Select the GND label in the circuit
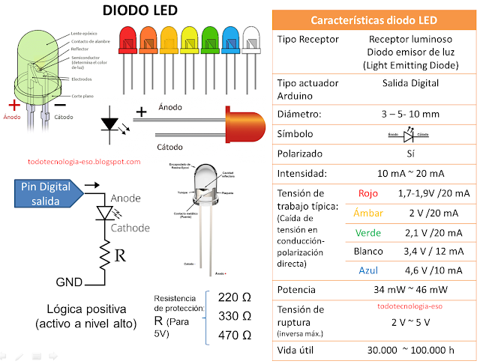[70, 283]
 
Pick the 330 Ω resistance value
[234, 317]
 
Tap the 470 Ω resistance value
[234, 335]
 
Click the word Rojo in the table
[368, 193]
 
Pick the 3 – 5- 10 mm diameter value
[410, 115]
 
